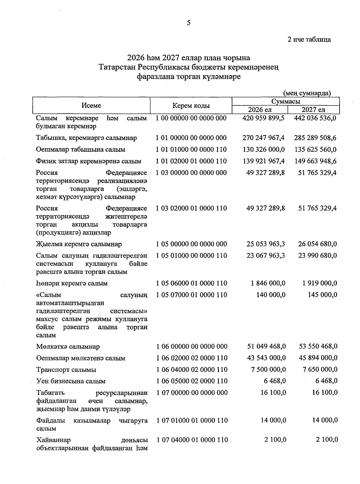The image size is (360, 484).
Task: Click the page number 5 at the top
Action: tap(189, 23)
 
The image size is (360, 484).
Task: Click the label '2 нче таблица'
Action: tap(309, 40)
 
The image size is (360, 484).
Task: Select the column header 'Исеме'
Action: tap(91, 106)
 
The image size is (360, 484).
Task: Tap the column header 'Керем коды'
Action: tap(191, 106)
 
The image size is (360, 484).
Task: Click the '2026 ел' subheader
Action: tap(260, 110)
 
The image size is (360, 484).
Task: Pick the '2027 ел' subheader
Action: tap(313, 110)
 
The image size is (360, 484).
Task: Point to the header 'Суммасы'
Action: tap(286, 102)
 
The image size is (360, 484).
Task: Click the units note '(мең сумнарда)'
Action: tap(307, 93)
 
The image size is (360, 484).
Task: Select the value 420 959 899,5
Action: tap(263, 118)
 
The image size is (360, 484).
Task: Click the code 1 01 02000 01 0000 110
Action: tap(191, 161)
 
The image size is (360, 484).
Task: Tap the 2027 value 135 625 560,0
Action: tap(315, 150)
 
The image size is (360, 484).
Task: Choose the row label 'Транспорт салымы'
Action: tap(66, 370)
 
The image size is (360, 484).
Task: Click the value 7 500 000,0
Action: tap(268, 369)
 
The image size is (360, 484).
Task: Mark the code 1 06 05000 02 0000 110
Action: tap(192, 381)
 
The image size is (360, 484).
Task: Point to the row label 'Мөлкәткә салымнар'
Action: tap(68, 347)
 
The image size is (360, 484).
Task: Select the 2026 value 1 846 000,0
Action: tap(268, 283)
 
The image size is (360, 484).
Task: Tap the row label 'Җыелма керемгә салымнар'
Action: tap(79, 244)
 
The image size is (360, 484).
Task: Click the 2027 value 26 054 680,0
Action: tap(317, 244)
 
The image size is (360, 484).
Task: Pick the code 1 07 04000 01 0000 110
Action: tap(192, 440)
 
